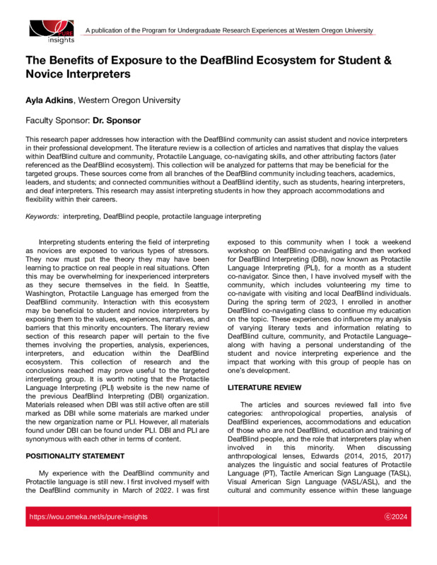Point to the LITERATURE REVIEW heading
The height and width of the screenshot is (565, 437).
264,388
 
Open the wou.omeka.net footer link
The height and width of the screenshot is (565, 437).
88,517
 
